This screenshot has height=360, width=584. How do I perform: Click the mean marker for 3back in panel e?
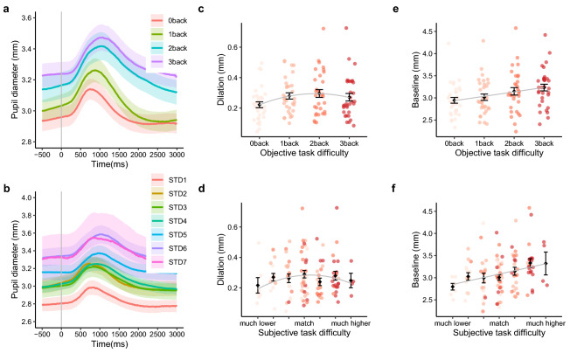(544, 87)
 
